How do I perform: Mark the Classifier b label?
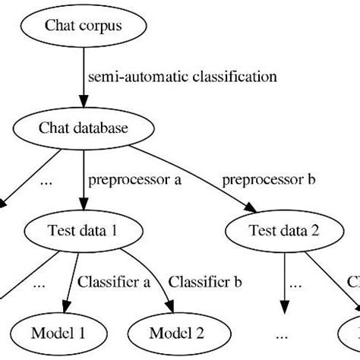click(x=205, y=283)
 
